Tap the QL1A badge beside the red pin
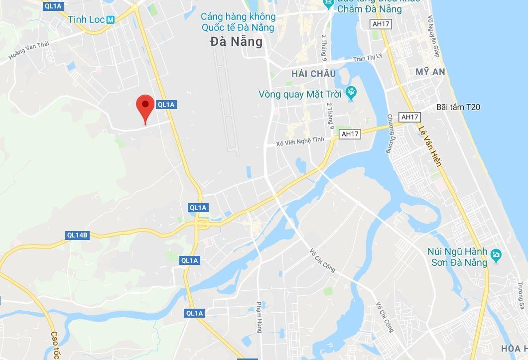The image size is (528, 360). [x=166, y=105]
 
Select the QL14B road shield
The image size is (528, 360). [x=77, y=236]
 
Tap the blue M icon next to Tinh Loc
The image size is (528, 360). [x=110, y=19]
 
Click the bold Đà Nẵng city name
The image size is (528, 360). [x=236, y=41]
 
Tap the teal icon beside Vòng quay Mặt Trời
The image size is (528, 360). [x=351, y=93]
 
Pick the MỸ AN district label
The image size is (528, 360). [x=430, y=72]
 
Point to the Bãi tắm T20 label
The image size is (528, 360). [x=458, y=107]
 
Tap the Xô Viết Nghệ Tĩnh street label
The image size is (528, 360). [x=303, y=141]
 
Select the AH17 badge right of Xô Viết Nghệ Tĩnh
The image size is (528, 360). [x=350, y=134]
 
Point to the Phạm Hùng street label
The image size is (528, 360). [x=259, y=317]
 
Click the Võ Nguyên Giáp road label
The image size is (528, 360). [x=433, y=36]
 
